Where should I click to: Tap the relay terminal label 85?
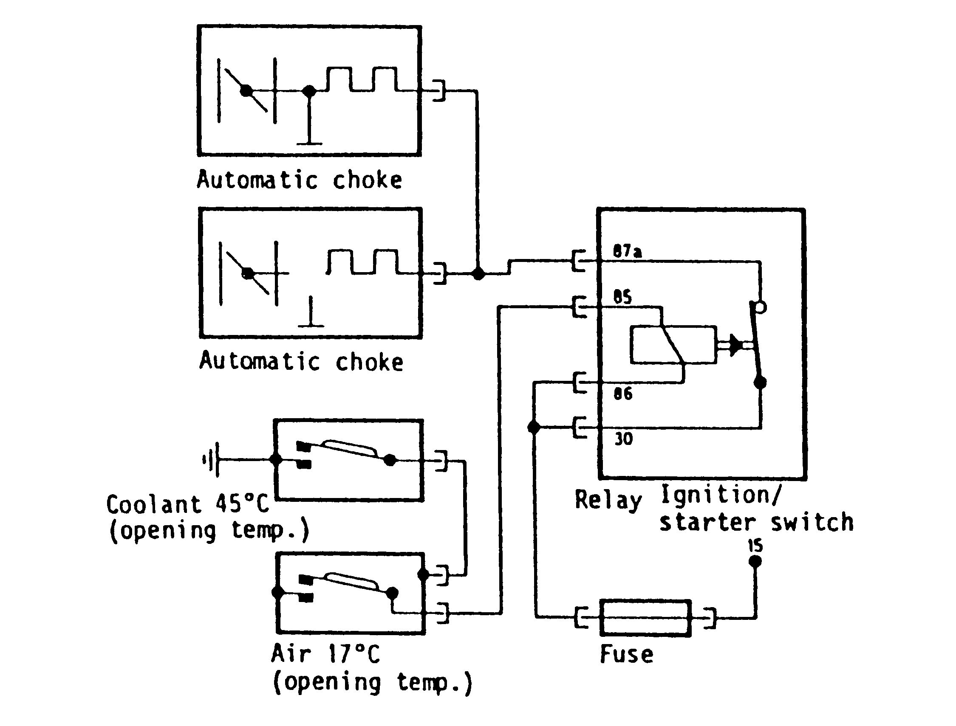point(622,297)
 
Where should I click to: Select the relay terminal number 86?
point(623,394)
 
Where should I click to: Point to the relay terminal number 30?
point(623,439)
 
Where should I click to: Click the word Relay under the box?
point(608,501)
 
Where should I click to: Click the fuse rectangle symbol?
point(645,618)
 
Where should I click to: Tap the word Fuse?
point(627,655)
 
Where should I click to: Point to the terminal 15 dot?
point(755,561)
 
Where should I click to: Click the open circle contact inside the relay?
point(761,307)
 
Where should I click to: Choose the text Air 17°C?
point(325,653)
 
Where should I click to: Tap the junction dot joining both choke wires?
point(478,273)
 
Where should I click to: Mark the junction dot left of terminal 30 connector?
point(534,428)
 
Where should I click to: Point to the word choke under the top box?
point(367,180)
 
